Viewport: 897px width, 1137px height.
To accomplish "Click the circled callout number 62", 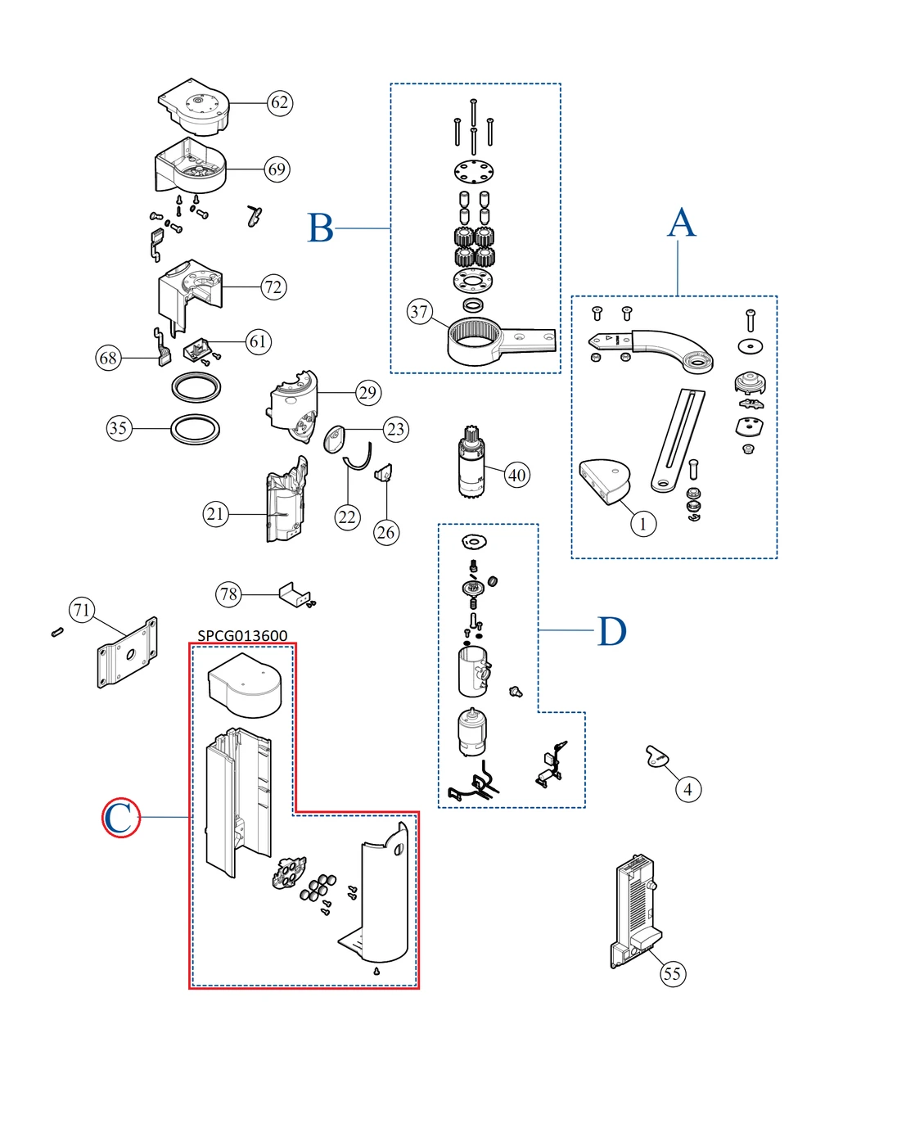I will coord(280,102).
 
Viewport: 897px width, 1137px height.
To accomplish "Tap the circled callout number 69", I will coord(277,169).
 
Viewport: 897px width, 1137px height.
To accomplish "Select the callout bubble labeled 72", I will coord(273,287).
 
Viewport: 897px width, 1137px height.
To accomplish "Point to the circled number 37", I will coord(419,311).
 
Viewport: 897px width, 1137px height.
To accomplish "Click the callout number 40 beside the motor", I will coord(517,475).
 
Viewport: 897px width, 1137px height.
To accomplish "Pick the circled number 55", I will coord(672,973).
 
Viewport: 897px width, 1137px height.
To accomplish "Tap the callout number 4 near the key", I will coord(687,789).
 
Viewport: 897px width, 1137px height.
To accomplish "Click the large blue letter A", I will coord(681,223).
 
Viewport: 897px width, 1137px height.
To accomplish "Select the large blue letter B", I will coord(321,228).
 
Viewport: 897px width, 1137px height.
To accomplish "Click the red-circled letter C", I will coord(120,818).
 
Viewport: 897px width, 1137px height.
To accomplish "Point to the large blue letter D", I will coord(611,631).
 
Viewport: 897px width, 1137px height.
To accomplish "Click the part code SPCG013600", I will coord(242,635).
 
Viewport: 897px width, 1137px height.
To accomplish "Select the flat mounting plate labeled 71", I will coord(128,653).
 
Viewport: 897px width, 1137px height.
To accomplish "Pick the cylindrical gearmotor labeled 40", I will coord(471,463).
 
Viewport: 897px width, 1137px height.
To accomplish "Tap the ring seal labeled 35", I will coord(196,429).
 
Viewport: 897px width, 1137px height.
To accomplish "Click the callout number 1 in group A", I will coord(643,523).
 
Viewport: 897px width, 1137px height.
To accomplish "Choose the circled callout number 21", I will coord(215,514).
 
